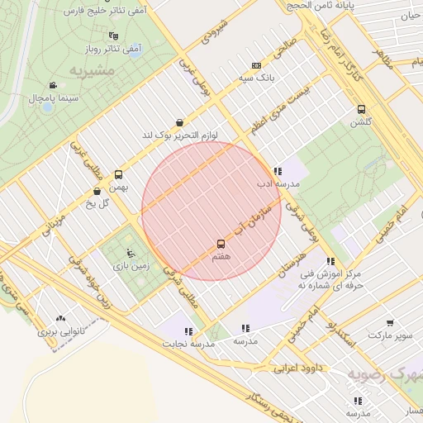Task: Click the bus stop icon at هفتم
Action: click(221, 244)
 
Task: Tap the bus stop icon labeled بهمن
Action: click(118, 174)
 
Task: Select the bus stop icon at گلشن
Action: click(361, 109)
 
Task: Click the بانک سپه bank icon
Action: click(256, 65)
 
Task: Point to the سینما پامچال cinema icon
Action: click(53, 85)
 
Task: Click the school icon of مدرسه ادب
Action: click(276, 171)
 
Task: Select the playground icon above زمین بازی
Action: click(130, 253)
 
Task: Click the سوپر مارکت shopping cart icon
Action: click(389, 322)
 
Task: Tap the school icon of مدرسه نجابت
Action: click(189, 330)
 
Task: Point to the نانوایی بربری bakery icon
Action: click(59, 318)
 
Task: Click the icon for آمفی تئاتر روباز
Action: click(113, 36)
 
